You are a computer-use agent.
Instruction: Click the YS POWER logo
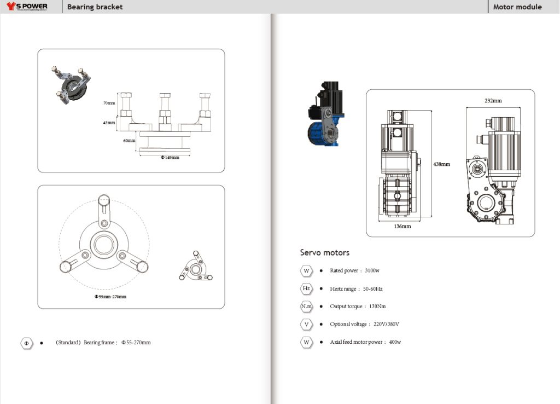coord(27,7)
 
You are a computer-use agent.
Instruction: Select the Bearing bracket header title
coord(95,7)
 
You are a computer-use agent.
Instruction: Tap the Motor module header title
coord(517,7)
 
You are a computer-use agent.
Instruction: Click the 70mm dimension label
coord(109,103)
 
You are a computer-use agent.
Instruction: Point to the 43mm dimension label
coord(109,123)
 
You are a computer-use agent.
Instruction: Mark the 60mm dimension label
coord(129,141)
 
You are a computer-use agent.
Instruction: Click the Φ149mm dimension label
coord(170,157)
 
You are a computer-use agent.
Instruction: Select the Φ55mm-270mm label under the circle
coord(110,297)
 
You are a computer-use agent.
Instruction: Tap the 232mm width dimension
coord(493,101)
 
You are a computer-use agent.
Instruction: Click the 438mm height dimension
coord(442,164)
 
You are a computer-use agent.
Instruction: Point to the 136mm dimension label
coord(402,226)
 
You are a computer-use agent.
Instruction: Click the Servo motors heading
coord(324,252)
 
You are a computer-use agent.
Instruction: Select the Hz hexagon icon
coord(306,288)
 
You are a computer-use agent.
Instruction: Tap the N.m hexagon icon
coord(306,307)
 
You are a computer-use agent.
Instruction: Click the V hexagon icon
coord(306,324)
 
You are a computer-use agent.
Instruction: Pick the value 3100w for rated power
coord(372,271)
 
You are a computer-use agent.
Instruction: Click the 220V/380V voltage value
coord(387,324)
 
